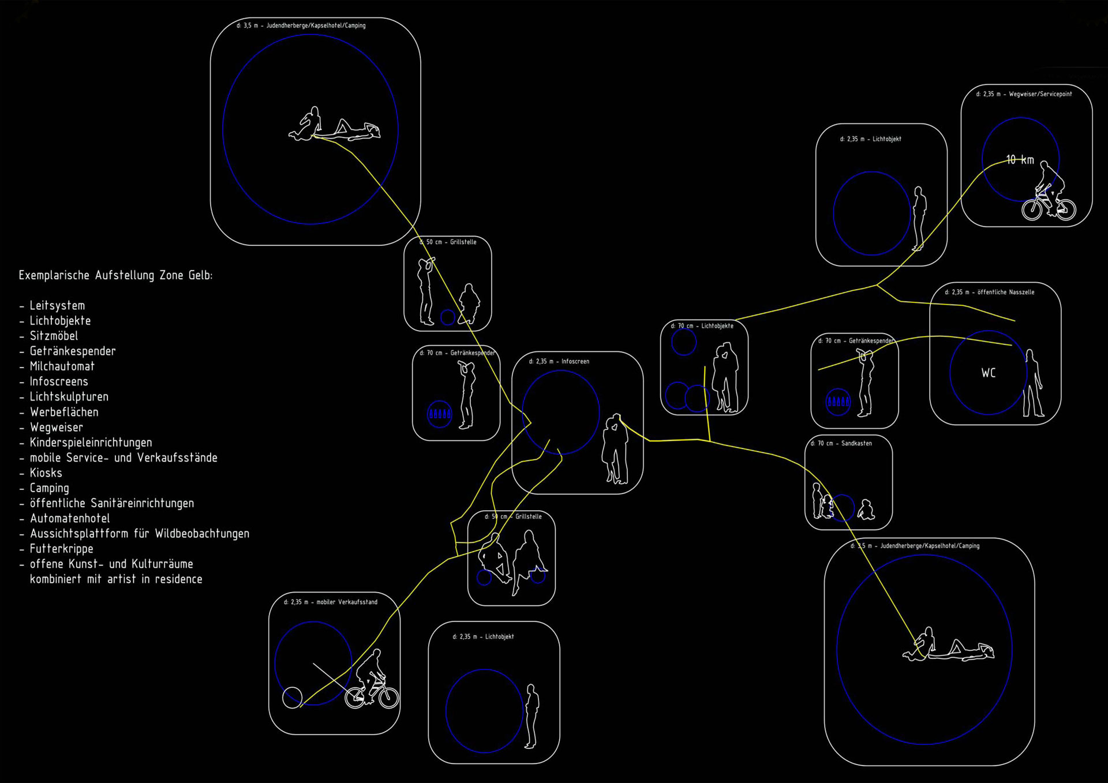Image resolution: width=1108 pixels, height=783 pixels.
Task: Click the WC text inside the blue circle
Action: coord(989,373)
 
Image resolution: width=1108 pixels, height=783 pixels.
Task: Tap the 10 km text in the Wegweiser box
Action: coord(1020,160)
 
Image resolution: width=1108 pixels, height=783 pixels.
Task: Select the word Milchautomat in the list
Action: coord(62,366)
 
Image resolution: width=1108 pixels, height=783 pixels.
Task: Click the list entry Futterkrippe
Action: coord(61,549)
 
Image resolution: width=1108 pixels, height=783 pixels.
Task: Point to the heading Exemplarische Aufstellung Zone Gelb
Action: coord(115,275)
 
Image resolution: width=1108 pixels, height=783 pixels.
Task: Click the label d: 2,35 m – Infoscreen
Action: coord(559,361)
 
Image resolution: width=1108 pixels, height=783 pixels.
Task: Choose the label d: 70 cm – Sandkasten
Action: coord(841,443)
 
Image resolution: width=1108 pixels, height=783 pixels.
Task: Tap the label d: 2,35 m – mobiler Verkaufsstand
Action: coord(330,602)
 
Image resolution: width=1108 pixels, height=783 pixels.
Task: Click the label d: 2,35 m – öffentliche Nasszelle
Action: coord(989,292)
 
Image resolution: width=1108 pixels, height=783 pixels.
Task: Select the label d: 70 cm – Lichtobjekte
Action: coord(702,326)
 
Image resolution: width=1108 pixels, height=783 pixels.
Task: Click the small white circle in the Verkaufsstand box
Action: coord(292,698)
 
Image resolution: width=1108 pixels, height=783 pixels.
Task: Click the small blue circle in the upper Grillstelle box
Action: coord(447,317)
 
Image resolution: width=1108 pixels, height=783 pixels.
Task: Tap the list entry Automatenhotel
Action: coord(70,518)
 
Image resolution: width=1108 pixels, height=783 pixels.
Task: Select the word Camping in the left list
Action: coord(50,488)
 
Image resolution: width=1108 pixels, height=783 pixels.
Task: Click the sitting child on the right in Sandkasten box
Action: coord(865,509)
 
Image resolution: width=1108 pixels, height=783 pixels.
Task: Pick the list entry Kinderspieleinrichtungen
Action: coord(91,443)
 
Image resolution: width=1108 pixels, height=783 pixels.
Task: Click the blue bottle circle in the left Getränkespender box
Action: coord(439,413)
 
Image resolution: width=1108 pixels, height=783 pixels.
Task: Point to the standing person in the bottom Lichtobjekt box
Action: coord(531,716)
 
